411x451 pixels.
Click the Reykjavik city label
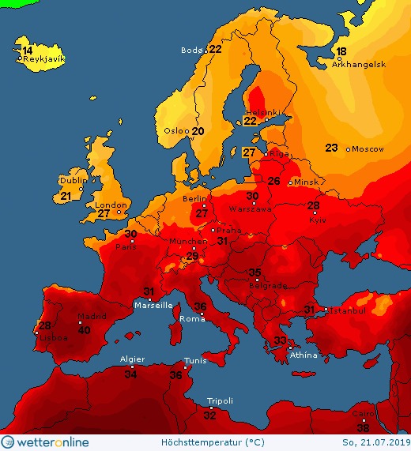click(43, 59)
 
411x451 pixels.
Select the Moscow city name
click(368, 149)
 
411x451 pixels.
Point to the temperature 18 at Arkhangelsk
click(341, 51)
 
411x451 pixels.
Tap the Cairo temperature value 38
click(363, 427)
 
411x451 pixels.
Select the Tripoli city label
click(220, 401)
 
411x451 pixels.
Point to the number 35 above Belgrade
click(255, 272)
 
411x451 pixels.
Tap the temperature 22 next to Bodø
click(215, 49)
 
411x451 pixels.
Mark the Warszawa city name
click(251, 210)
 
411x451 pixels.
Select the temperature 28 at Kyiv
click(314, 205)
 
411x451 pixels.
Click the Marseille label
click(153, 305)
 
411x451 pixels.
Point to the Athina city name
click(304, 355)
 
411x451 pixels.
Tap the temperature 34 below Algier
click(131, 374)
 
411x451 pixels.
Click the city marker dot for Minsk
click(291, 182)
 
